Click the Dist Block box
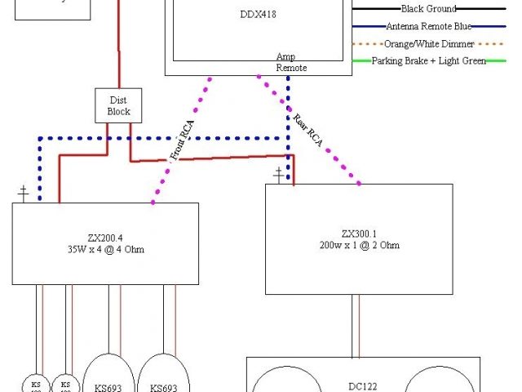click(118, 105)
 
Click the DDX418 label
click(257, 14)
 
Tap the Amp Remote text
click(290, 62)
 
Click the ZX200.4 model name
click(105, 238)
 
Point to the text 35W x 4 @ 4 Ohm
click(105, 249)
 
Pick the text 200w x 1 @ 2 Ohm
click(359, 245)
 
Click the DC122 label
click(363, 388)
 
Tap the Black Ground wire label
click(429, 8)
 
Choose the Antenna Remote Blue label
click(429, 25)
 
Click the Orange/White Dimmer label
click(429, 43)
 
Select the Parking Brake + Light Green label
click(429, 60)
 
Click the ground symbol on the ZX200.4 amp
click(24, 194)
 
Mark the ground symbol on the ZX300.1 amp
click(280, 174)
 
